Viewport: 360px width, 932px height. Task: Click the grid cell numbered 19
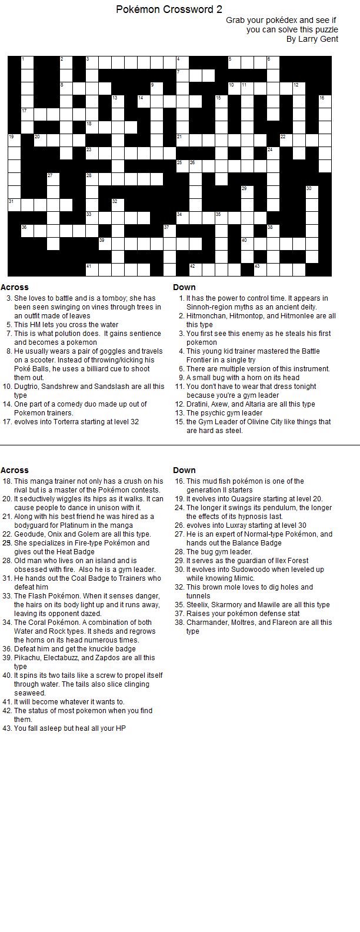[x=14, y=140]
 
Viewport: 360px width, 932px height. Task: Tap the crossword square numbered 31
[x=14, y=205]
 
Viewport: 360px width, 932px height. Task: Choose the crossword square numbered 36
[x=26, y=231]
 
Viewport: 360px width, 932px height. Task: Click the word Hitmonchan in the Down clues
[x=205, y=316]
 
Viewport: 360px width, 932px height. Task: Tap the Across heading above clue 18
[x=15, y=470]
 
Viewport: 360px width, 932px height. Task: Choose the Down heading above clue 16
[x=184, y=470]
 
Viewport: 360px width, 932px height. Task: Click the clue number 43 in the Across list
[x=7, y=728]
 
